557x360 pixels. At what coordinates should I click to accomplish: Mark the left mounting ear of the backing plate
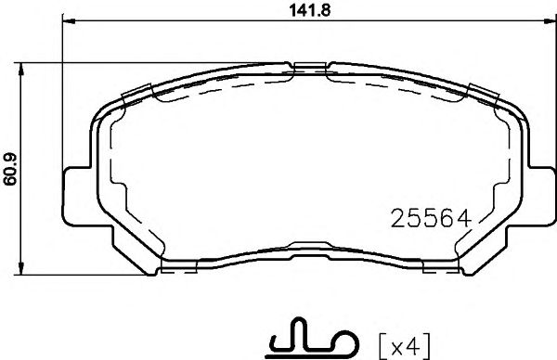(76, 197)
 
